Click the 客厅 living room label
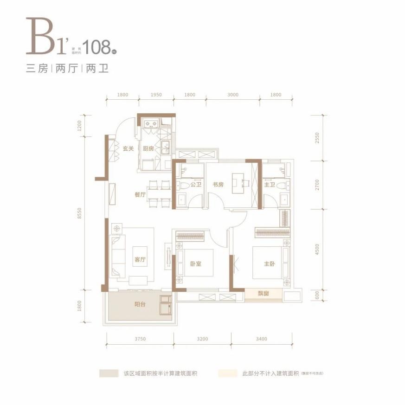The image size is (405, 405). (x=140, y=260)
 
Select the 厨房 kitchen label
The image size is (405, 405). (x=148, y=149)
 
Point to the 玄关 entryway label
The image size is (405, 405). (x=128, y=149)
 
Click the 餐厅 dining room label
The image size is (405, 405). (x=140, y=195)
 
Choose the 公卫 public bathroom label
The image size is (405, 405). (x=195, y=185)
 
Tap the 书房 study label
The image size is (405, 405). (x=219, y=185)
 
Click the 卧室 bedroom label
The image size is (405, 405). (x=195, y=264)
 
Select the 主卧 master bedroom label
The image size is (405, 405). (x=270, y=264)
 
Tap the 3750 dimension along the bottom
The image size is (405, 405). (x=140, y=339)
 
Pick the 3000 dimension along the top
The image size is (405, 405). (x=233, y=95)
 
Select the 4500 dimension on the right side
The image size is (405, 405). (x=317, y=251)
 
